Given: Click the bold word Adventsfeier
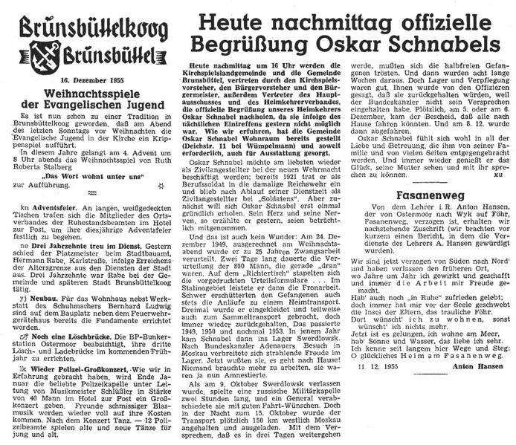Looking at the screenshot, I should coord(42,222).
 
